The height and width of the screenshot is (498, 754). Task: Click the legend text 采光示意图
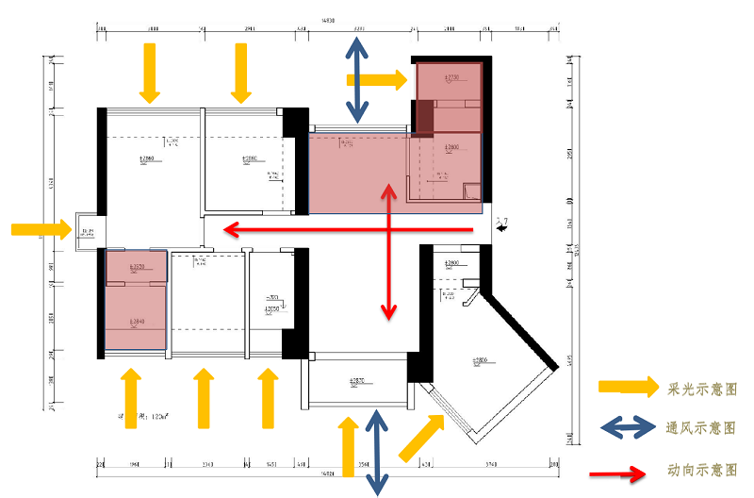coord(701,388)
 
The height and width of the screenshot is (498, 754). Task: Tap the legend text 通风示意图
coord(701,426)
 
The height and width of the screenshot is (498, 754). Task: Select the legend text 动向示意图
coord(701,469)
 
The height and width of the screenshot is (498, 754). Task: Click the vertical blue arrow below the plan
coord(377,452)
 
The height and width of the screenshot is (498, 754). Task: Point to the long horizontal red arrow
coord(348,229)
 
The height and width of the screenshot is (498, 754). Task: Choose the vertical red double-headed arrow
coord(386,251)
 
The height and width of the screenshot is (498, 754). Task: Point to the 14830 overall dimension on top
coord(328,19)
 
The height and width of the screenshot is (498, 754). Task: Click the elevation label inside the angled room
coord(480,361)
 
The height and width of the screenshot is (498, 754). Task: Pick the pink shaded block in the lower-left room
coord(137,301)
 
